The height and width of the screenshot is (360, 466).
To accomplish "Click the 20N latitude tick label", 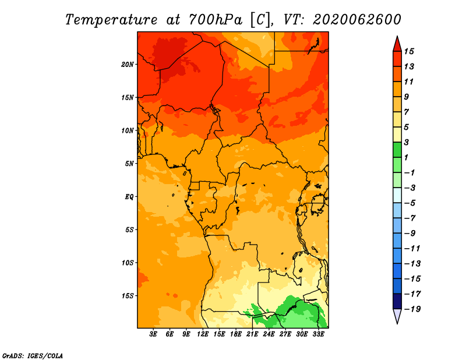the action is click(128, 65).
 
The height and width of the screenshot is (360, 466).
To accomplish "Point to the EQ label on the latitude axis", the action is click(129, 197).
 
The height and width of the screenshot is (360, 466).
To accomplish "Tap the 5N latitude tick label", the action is click(129, 164).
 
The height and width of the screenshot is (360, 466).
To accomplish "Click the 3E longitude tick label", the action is click(153, 334).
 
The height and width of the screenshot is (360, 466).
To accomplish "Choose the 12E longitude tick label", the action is click(203, 334).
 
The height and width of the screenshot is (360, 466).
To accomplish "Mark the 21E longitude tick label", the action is click(252, 334).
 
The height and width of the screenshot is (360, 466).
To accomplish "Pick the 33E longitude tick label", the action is click(318, 334).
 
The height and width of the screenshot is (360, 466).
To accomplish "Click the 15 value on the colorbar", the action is click(409, 51).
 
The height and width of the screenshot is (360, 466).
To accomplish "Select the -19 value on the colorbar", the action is click(412, 309).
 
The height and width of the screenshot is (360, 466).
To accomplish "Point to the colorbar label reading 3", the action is click(406, 142).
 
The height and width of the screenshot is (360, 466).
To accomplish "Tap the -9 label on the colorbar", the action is click(410, 234).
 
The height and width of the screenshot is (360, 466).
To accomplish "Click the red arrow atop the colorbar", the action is click(397, 45).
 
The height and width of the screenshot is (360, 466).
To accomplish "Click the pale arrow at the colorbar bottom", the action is click(397, 316).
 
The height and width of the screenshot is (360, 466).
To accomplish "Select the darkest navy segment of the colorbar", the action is click(397, 301).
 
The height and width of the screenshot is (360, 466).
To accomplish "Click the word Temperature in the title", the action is click(111, 20).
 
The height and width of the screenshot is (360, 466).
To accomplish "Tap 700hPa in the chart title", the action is click(216, 20).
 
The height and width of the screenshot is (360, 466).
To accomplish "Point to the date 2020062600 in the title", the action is click(357, 20).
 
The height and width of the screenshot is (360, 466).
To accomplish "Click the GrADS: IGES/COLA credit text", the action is click(33, 356).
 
